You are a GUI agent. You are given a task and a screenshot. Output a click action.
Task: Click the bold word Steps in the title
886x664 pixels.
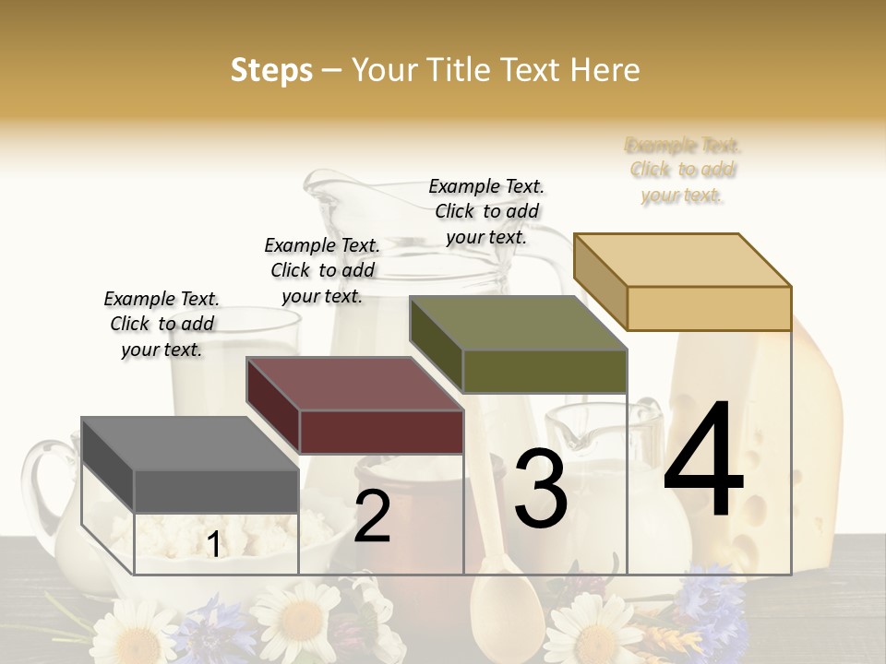(x=271, y=70)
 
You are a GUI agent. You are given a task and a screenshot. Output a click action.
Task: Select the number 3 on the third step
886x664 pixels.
(x=541, y=489)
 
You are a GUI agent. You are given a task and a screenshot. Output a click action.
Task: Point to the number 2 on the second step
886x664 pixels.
(x=372, y=516)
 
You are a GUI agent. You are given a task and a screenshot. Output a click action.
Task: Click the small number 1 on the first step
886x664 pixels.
(x=214, y=544)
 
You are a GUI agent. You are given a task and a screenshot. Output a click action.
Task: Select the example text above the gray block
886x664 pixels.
(x=162, y=324)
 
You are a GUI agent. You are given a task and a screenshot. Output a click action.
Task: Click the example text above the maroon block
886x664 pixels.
(x=322, y=270)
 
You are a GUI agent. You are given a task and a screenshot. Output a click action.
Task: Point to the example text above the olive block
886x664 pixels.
(x=486, y=211)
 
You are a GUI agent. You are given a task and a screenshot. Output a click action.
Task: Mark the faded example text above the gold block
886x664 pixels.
(x=683, y=170)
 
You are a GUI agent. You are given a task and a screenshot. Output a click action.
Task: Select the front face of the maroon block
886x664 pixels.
(x=381, y=432)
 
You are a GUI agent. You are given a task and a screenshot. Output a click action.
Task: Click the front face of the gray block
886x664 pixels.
(x=216, y=491)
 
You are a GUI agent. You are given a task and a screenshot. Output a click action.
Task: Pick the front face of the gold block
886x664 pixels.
(x=709, y=308)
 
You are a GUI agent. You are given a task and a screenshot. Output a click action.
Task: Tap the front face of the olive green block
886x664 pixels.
(x=545, y=371)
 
